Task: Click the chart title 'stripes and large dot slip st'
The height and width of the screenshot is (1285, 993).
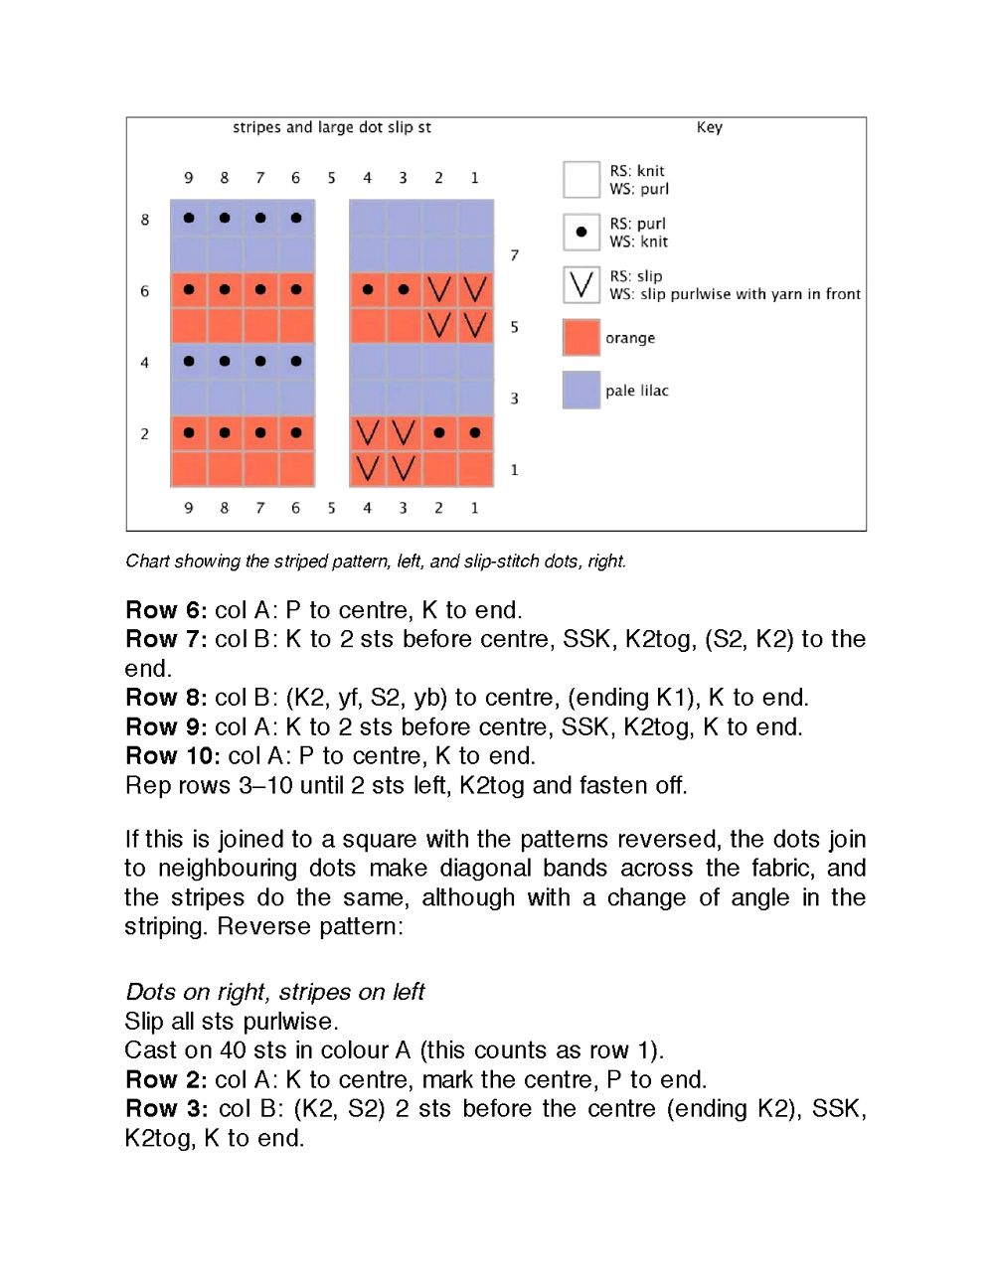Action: [331, 127]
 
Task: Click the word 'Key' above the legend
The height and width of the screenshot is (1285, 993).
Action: [709, 127]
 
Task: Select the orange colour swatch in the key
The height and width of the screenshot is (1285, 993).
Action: [581, 337]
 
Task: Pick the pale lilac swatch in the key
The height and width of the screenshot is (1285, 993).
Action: [581, 390]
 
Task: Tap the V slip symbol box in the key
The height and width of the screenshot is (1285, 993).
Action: [581, 284]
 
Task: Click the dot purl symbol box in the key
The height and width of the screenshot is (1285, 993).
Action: [581, 232]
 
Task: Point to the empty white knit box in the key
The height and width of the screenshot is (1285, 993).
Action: [581, 180]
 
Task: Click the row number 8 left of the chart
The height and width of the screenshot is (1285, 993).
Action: [145, 220]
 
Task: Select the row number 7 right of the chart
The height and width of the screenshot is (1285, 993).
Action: [514, 255]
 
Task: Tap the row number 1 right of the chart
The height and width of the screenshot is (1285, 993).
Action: [514, 469]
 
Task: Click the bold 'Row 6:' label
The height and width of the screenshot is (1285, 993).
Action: [166, 610]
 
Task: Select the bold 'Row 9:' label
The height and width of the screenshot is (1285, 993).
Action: [166, 727]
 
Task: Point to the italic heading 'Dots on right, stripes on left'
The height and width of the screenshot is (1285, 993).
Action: [274, 992]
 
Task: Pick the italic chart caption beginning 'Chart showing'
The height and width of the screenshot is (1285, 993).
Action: [376, 562]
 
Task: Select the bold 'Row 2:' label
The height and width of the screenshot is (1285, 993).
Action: [166, 1080]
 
